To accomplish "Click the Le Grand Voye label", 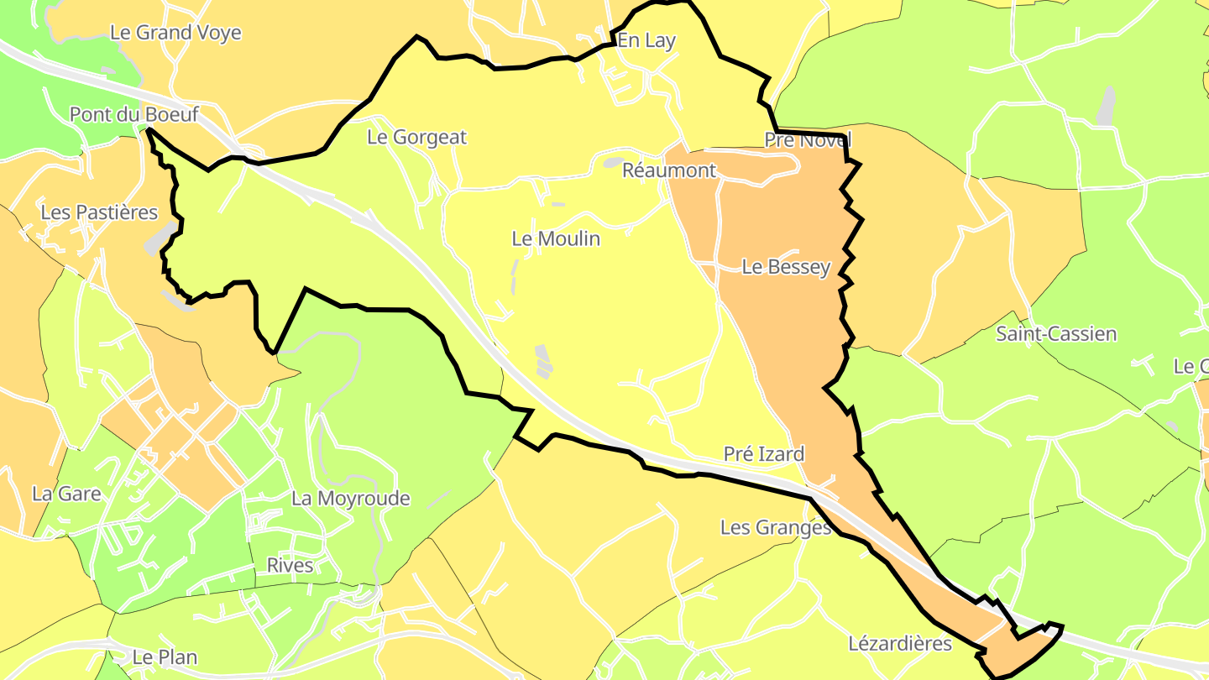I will tap(175, 33).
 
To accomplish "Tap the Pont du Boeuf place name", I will tap(133, 114).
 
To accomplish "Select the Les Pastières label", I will tap(99, 212).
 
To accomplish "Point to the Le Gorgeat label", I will tap(416, 137).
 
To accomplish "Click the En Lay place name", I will tap(646, 40).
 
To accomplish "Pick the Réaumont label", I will tap(669, 170).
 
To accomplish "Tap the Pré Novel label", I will tap(808, 140).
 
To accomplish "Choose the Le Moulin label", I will tap(556, 238).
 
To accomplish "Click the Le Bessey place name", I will tap(786, 267).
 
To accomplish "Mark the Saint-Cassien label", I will tap(1056, 333).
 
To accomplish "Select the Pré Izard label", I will tap(764, 454).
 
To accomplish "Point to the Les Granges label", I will tap(776, 527).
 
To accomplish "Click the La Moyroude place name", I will tap(351, 498).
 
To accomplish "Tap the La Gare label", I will tap(66, 494).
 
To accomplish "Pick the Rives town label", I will tap(290, 565).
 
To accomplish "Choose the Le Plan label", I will tap(165, 656).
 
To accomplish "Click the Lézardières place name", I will tap(900, 644).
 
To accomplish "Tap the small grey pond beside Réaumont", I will tap(614, 162).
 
